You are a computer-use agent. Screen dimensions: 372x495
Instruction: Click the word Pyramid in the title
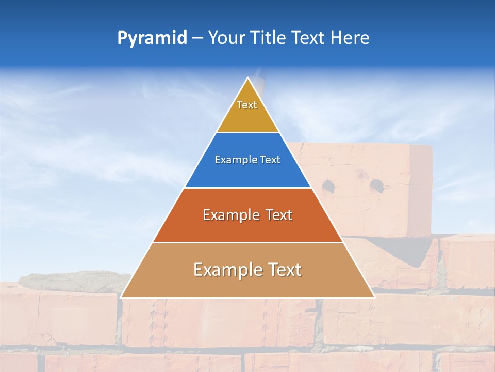[x=152, y=38]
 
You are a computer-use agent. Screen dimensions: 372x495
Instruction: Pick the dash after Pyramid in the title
[x=197, y=38]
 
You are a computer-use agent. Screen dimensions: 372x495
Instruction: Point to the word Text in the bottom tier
[x=282, y=270]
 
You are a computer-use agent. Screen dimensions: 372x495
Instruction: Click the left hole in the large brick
[x=327, y=184]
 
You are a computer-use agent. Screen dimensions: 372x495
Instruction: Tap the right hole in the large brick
[x=376, y=184]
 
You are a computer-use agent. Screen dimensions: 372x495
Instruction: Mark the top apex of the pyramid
[x=247, y=78]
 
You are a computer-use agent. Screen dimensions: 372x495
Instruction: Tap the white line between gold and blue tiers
[x=247, y=132]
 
